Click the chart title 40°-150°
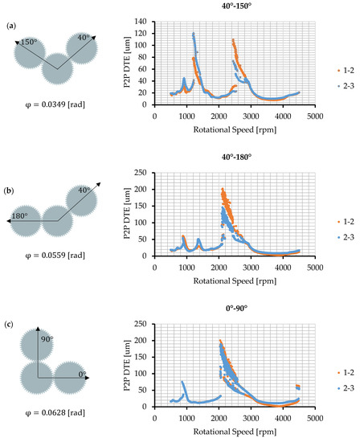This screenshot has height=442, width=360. pos(235,9)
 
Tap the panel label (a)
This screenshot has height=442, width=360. pos(10,26)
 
